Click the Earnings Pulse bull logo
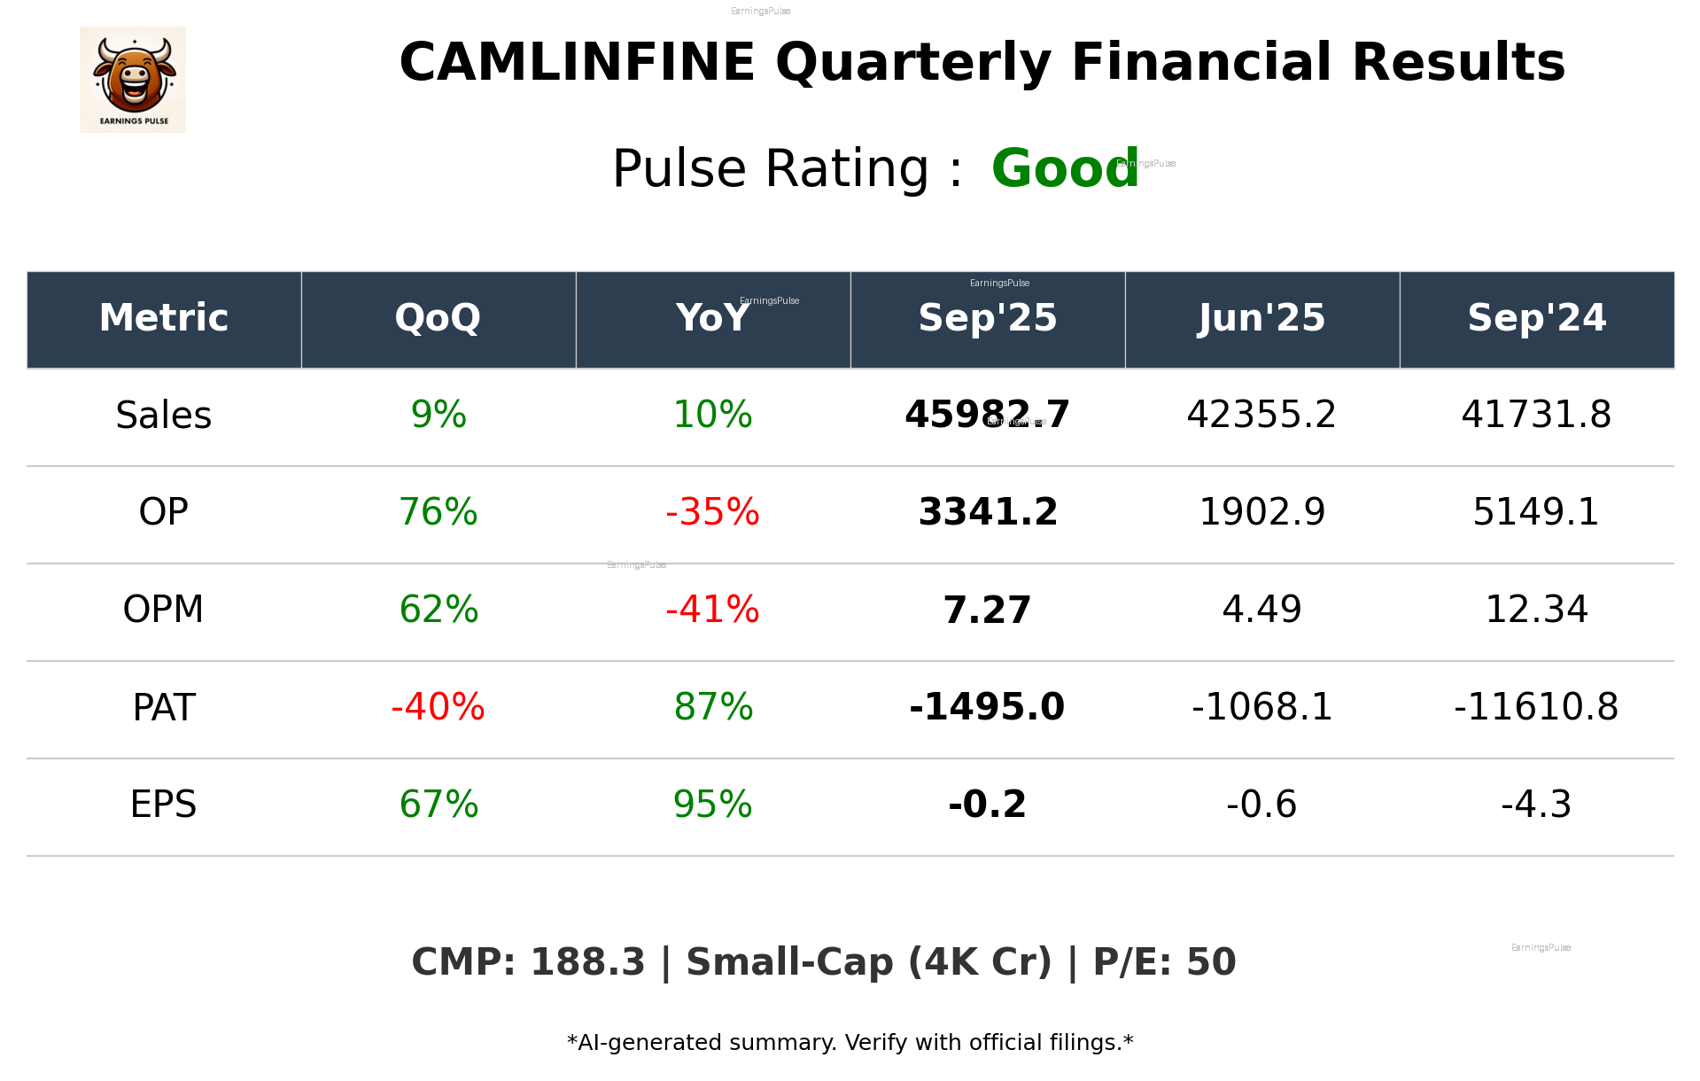133,80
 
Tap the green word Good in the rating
1064,168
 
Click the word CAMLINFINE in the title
577,63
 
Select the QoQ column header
438,318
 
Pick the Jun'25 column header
1261,318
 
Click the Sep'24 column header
1536,318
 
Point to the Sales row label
164,416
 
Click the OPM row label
164,610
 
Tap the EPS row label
164,805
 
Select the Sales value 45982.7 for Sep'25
987,415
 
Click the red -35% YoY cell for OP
712,512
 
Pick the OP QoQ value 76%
438,512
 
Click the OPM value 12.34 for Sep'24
1536,610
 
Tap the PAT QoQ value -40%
438,707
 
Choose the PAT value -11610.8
1536,707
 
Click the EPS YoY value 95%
712,805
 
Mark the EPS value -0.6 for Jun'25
1261,805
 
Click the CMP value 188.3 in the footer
587,963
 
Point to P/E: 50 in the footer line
1164,963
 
